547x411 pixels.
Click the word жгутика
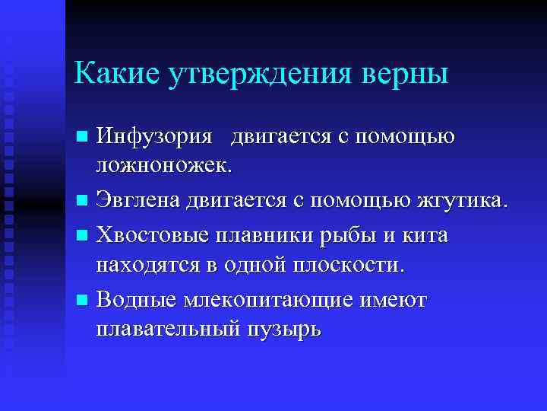[x=461, y=201]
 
